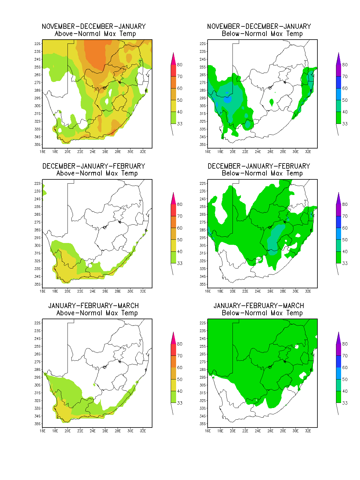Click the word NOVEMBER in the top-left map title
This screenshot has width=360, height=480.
[x=58, y=26]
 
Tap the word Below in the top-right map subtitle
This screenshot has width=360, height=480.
[x=231, y=34]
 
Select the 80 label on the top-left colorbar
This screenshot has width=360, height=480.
[x=180, y=65]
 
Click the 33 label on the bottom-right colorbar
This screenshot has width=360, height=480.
[x=345, y=403]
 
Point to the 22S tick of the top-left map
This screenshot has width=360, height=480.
[x=37, y=44]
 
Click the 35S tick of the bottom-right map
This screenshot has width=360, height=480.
[x=202, y=424]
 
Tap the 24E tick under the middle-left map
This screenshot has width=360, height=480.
[x=93, y=291]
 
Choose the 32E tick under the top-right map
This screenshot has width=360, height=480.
[x=308, y=151]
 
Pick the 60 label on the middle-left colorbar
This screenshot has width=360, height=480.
[x=180, y=228]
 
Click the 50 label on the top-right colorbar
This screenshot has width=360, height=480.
[x=345, y=100]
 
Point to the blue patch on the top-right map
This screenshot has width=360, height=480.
[x=227, y=100]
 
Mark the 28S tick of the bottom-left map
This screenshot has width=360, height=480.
[x=37, y=370]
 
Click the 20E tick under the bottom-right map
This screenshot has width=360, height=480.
[x=232, y=431]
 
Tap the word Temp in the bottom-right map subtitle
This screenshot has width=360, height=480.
[x=294, y=313]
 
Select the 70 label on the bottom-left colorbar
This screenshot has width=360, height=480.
[x=180, y=356]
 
